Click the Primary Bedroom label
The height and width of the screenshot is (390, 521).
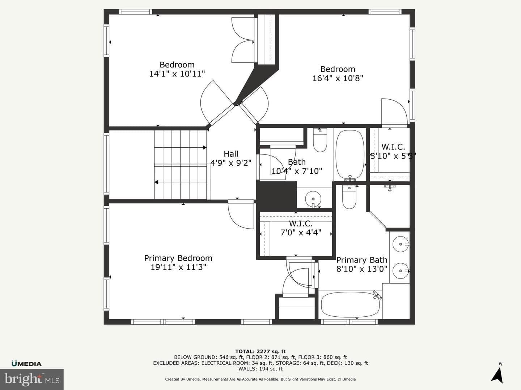click(178, 258)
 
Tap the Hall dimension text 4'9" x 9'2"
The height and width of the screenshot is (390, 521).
click(231, 163)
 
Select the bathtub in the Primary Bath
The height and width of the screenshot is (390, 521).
click(350, 305)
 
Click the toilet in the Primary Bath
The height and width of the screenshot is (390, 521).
click(349, 197)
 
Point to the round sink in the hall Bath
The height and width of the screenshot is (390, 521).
click(313, 199)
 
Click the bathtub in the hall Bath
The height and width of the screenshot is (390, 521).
click(350, 155)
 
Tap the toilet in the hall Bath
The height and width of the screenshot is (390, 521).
click(320, 140)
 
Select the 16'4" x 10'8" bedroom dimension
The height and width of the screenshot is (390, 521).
click(338, 78)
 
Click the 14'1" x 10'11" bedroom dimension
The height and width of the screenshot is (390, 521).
click(177, 74)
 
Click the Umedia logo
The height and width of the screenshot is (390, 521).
click(26, 364)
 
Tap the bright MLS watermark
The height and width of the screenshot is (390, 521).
click(32, 379)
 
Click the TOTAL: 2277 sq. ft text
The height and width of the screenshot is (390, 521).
click(260, 351)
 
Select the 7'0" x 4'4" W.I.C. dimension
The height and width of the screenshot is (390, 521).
click(301, 233)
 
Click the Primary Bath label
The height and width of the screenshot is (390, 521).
click(362, 260)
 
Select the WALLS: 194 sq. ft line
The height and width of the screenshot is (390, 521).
click(260, 369)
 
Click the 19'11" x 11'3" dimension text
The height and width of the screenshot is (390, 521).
click(178, 267)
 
